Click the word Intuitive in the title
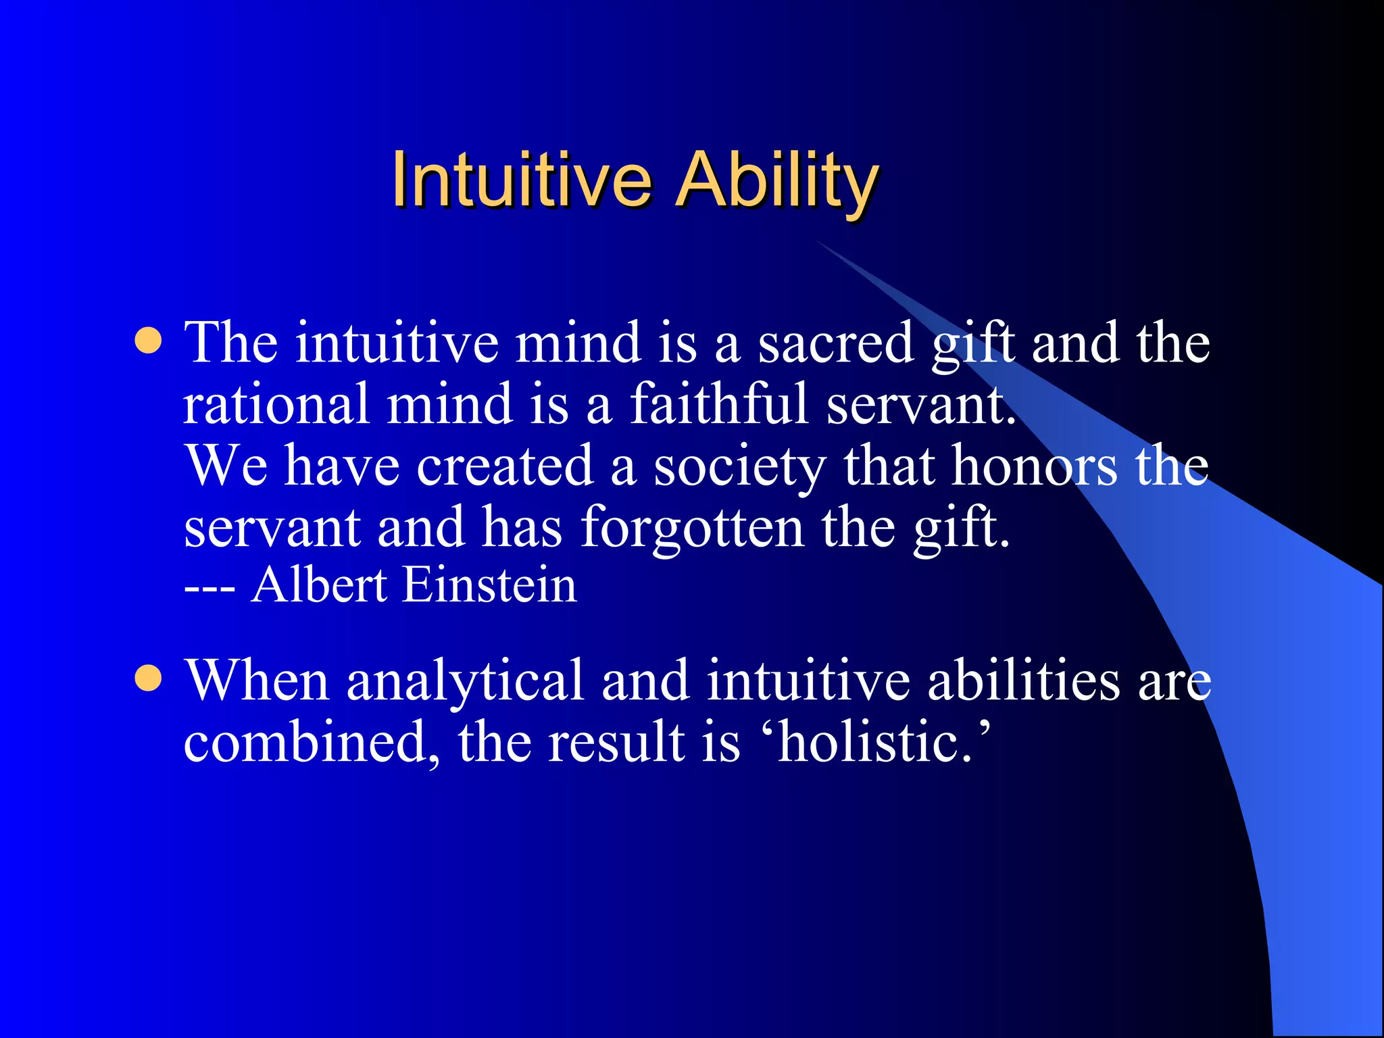coord(521,179)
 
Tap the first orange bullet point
coord(148,341)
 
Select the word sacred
coord(835,343)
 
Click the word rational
coord(276,404)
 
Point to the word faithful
coord(719,404)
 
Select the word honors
coord(1034,466)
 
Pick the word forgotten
coord(692,529)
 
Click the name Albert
coord(318,585)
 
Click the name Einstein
coord(489,585)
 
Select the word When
coord(257,680)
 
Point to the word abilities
coord(1023,680)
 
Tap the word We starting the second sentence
coord(226,466)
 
